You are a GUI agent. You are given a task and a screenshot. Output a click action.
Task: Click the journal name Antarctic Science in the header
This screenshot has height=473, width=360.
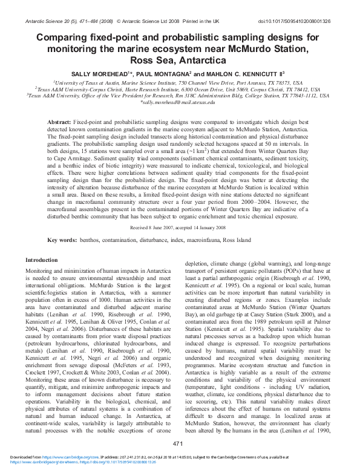[x=45, y=22]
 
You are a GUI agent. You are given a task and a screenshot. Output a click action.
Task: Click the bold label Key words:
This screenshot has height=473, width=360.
[x=61, y=240]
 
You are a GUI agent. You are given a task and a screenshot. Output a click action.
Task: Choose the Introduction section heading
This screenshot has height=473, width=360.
[x=41, y=259]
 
